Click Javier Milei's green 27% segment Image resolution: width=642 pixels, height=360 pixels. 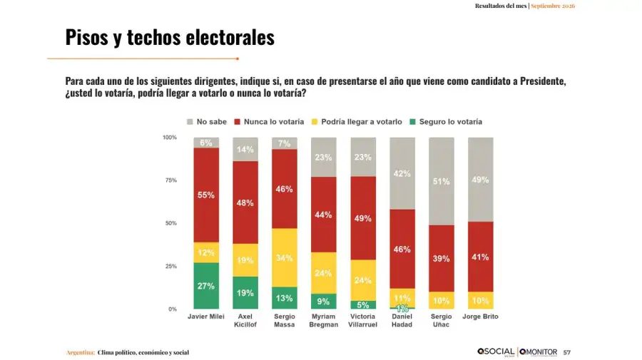coord(206,286)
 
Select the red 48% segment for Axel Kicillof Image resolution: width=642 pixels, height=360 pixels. coord(245,202)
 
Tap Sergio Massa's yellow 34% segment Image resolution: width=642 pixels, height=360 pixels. coord(285,258)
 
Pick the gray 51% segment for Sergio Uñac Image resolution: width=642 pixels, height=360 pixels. coord(442,181)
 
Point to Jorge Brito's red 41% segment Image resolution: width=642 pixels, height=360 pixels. coord(481,257)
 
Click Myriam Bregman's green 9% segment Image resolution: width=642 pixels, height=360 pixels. coord(323,302)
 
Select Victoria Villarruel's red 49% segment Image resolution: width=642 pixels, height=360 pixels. coord(363,218)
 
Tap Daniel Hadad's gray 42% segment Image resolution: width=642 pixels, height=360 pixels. coord(402,173)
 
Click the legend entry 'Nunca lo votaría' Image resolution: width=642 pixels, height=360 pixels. coord(269,122)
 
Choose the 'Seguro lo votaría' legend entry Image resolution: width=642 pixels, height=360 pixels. coord(446,122)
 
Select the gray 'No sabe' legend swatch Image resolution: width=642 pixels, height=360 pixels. coord(190,122)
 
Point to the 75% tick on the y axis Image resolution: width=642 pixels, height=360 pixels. coord(171,180)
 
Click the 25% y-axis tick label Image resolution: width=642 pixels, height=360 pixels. coord(171,267)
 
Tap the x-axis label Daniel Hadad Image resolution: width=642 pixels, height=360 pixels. coord(402,320)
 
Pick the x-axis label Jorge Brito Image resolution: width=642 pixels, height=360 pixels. coord(480,317)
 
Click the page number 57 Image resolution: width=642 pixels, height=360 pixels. coord(566,352)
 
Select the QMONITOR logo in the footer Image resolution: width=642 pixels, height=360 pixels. coord(538,352)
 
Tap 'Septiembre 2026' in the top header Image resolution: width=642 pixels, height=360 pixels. coord(553,6)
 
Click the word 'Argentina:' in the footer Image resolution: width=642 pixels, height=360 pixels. coord(81,352)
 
